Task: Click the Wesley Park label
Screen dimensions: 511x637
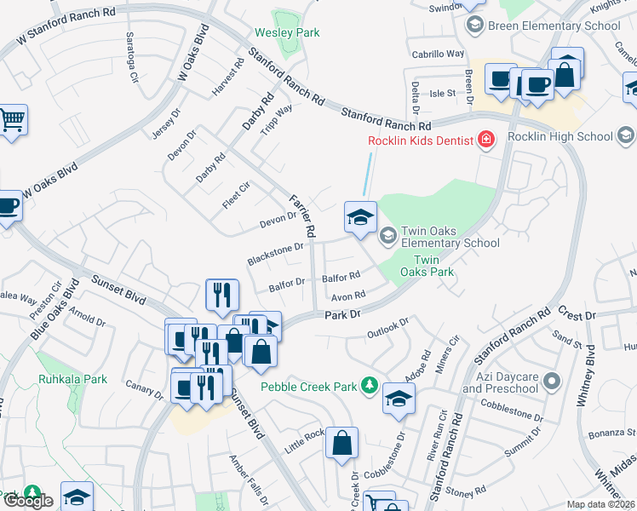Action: pos(287,33)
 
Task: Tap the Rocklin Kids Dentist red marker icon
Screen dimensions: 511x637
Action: pos(485,140)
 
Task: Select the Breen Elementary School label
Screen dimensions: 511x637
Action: pos(554,26)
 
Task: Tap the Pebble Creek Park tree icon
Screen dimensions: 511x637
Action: pos(369,387)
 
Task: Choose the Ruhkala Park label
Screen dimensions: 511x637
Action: pos(72,379)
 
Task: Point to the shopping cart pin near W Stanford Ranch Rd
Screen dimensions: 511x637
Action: pos(12,120)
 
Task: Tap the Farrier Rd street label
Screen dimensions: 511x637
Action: pos(302,215)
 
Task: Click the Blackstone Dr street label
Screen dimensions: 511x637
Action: pos(275,253)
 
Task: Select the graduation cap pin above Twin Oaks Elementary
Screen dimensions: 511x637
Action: pos(360,216)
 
